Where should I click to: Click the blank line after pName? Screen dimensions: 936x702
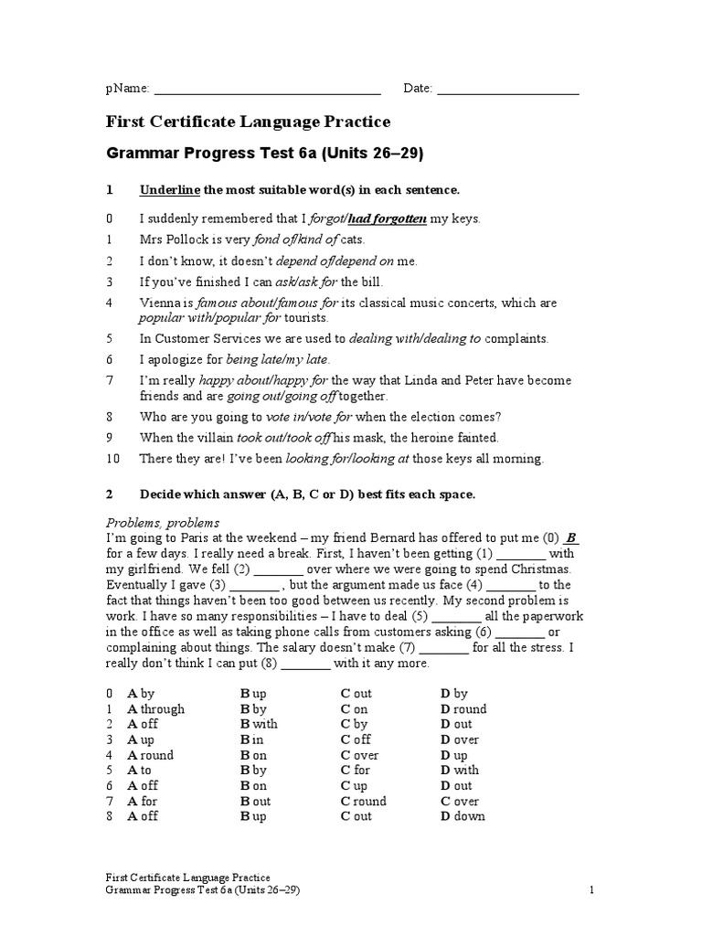266,90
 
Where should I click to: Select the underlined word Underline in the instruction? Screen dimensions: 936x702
169,190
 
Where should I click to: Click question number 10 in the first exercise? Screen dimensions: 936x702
113,459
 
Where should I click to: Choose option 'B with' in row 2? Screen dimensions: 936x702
260,724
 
